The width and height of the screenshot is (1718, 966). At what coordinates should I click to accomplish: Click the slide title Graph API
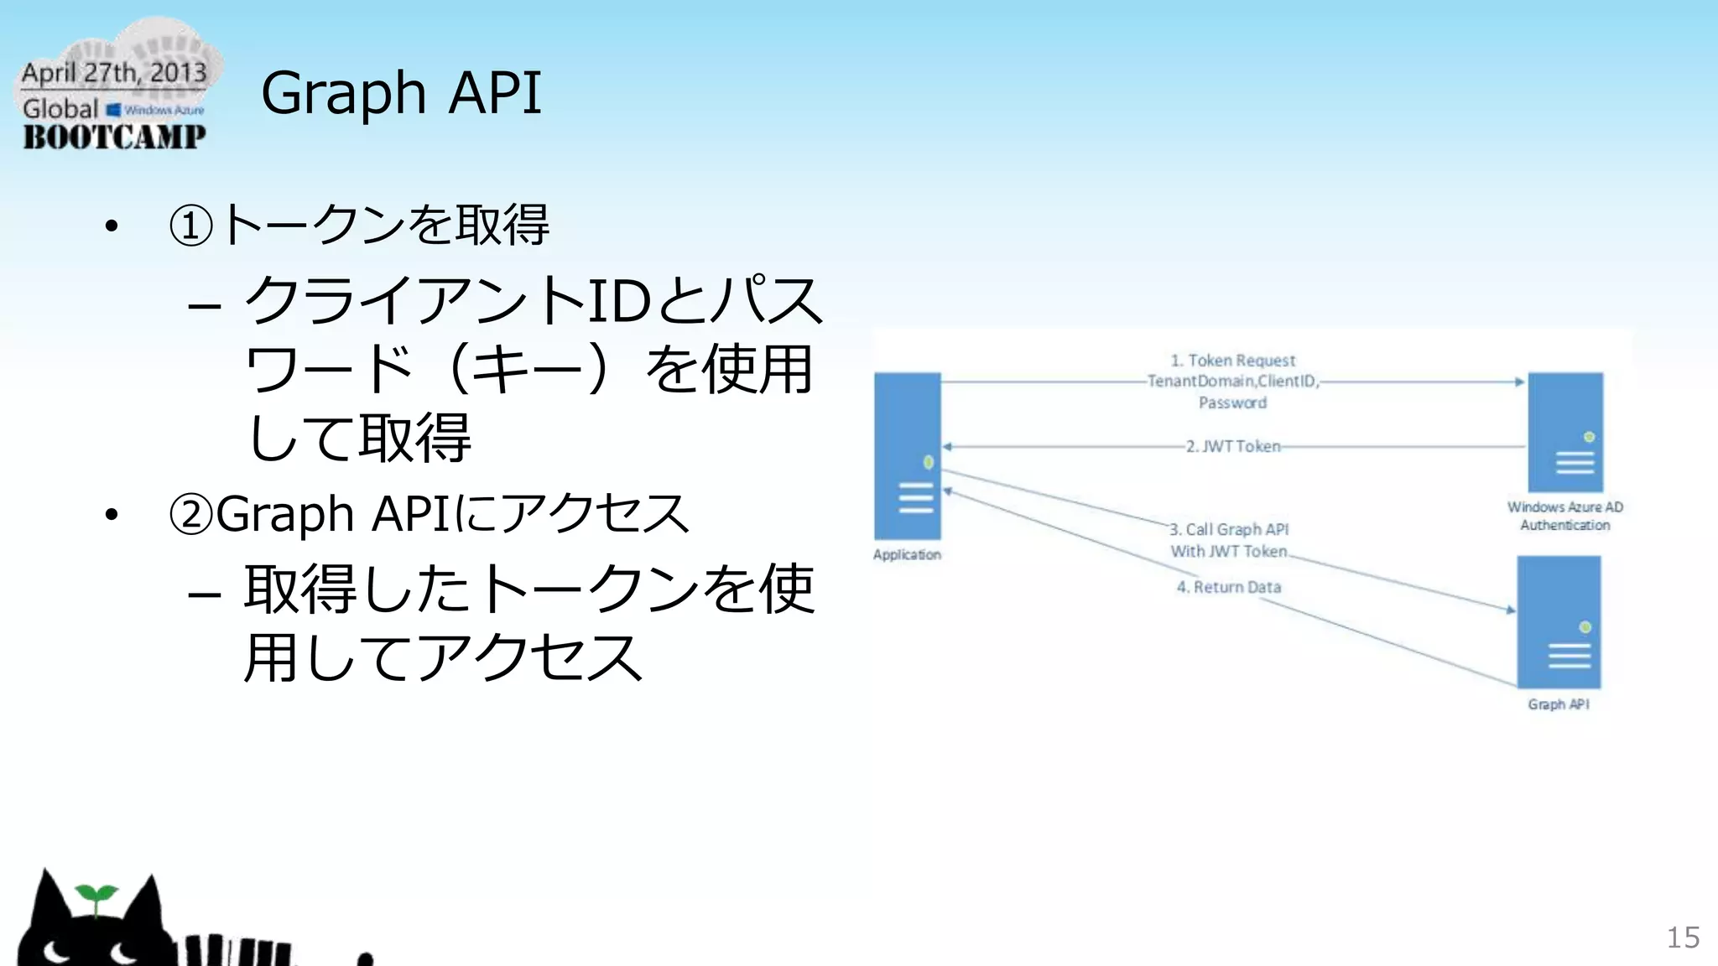pyautogui.click(x=401, y=92)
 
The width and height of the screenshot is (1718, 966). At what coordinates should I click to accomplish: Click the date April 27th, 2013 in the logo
pyautogui.click(x=114, y=73)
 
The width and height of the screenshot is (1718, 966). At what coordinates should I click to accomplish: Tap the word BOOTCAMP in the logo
pyautogui.click(x=114, y=137)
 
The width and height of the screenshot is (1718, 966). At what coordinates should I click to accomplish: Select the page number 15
pyautogui.click(x=1682, y=937)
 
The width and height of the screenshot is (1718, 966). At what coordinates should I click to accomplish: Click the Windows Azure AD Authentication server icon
pyautogui.click(x=1564, y=432)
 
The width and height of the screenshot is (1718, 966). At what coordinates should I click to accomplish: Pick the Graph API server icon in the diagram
pyautogui.click(x=1559, y=622)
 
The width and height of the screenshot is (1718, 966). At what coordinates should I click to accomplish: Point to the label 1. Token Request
pyautogui.click(x=1232, y=361)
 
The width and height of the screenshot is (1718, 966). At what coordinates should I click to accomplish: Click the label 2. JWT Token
pyautogui.click(x=1232, y=446)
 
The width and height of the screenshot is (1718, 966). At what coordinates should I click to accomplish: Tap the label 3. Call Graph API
pyautogui.click(x=1229, y=529)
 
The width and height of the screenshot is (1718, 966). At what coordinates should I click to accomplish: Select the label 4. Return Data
pyautogui.click(x=1228, y=587)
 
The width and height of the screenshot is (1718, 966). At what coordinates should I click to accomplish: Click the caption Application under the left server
pyautogui.click(x=907, y=554)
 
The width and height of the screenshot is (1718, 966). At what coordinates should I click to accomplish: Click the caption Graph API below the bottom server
pyautogui.click(x=1558, y=704)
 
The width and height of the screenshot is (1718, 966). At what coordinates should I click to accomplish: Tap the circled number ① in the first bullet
pyautogui.click(x=190, y=226)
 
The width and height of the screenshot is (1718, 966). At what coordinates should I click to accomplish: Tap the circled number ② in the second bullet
pyautogui.click(x=190, y=514)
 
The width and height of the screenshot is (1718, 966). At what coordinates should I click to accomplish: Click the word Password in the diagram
pyautogui.click(x=1232, y=402)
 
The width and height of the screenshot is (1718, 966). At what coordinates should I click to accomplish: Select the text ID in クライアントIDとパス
pyautogui.click(x=619, y=301)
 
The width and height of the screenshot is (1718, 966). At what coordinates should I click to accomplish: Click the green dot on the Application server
pyautogui.click(x=928, y=462)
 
